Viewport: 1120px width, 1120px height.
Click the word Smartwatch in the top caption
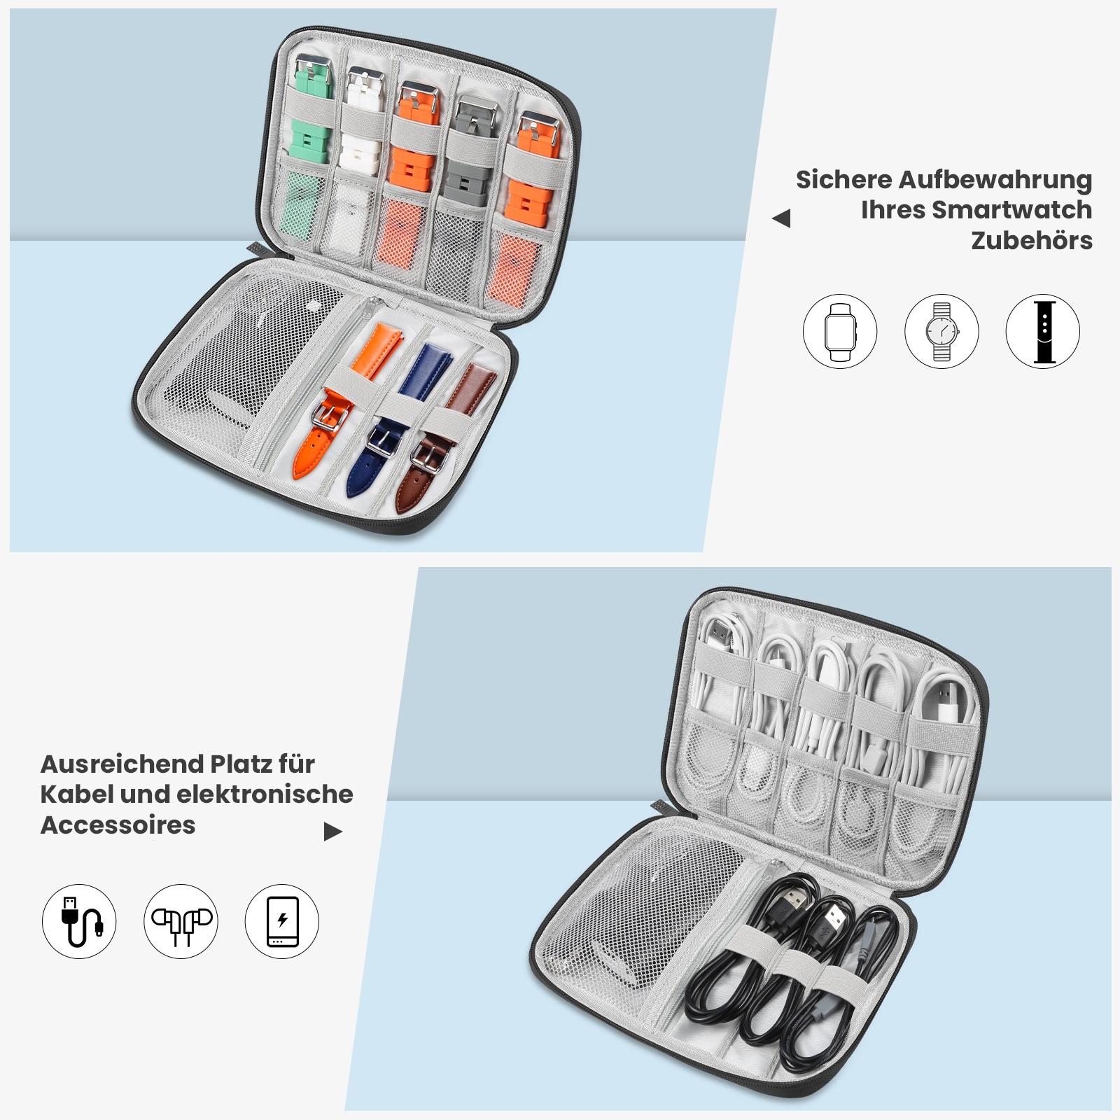[x=1011, y=210]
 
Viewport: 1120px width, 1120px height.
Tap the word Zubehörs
[x=1032, y=241]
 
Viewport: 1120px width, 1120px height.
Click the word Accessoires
[x=118, y=825]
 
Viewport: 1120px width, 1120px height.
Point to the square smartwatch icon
[x=840, y=331]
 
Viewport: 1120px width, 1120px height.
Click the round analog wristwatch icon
[x=941, y=331]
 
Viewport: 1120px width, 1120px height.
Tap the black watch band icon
[x=1043, y=331]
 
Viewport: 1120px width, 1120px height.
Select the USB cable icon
[x=79, y=921]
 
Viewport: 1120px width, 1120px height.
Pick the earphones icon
[x=181, y=921]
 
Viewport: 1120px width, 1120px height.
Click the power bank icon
[x=282, y=921]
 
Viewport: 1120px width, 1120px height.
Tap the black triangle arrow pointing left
[x=781, y=219]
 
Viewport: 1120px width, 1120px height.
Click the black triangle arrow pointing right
[x=333, y=832]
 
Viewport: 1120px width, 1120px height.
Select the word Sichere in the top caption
[x=843, y=180]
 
